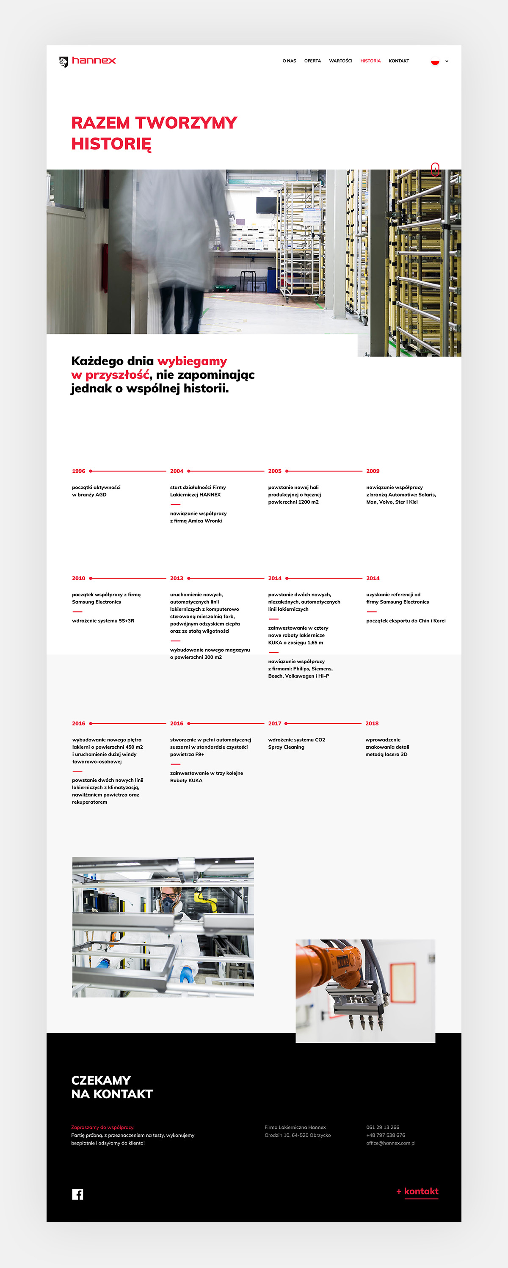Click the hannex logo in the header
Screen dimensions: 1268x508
(x=88, y=61)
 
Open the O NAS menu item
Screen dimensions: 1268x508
(x=289, y=61)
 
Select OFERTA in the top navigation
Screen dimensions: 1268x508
(x=312, y=61)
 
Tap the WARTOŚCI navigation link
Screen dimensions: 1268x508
(x=341, y=61)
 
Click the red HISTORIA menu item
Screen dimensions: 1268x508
(x=370, y=61)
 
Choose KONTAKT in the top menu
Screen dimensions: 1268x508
(x=399, y=61)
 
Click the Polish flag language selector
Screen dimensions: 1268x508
(x=435, y=61)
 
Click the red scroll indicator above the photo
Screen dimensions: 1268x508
(x=435, y=169)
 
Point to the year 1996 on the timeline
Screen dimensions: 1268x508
(x=78, y=471)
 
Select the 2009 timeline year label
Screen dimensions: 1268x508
(x=373, y=471)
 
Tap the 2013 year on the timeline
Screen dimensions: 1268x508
(x=176, y=579)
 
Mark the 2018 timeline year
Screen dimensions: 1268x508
(x=372, y=724)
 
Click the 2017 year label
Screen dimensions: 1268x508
(x=275, y=724)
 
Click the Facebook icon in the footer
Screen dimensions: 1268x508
(x=77, y=1194)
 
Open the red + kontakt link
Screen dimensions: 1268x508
(x=417, y=1191)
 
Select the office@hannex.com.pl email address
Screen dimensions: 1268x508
(x=390, y=1143)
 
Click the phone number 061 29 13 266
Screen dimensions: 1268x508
(x=382, y=1127)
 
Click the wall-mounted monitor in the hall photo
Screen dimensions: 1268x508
(x=266, y=205)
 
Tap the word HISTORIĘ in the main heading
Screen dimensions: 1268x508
(x=111, y=144)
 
